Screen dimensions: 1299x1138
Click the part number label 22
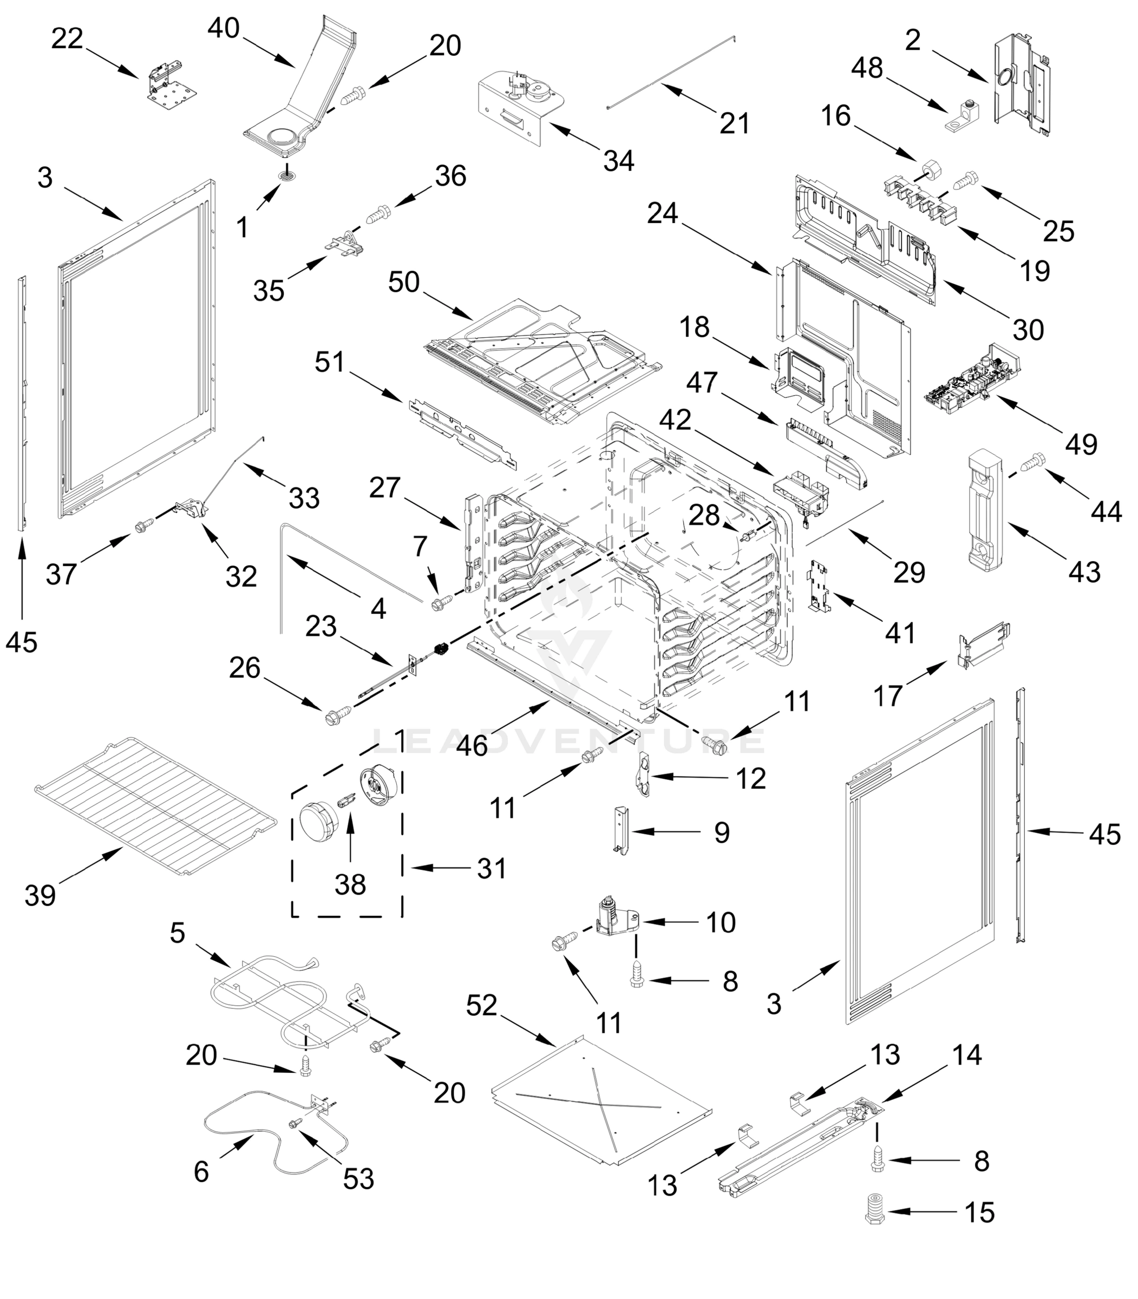click(x=67, y=40)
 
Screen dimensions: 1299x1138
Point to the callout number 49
click(x=1081, y=444)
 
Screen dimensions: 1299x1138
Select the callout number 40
click(x=224, y=28)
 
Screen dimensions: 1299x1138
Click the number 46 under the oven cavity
click(x=472, y=745)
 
